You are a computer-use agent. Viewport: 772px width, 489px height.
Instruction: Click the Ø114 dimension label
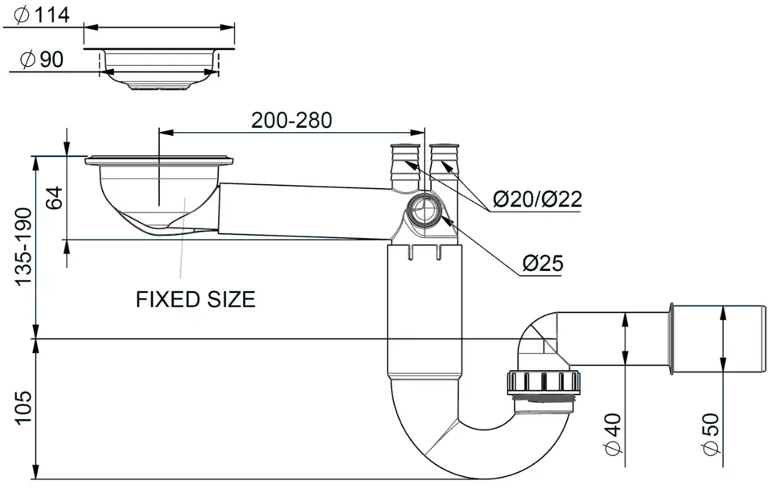42,14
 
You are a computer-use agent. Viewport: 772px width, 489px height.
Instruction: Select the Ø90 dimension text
42,60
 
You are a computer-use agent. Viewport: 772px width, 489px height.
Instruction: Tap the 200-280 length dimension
291,120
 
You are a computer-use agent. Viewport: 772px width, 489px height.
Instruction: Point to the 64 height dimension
54,198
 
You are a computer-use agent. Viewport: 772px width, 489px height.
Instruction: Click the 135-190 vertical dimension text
23,247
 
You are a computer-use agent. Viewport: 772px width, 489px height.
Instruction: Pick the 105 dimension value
23,407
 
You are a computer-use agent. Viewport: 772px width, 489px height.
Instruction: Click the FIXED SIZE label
195,299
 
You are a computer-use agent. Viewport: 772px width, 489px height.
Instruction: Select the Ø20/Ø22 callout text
538,199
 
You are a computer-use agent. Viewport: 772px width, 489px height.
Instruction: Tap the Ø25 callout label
543,264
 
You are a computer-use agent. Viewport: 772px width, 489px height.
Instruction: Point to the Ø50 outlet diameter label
711,434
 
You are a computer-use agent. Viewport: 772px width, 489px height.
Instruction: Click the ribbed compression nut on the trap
543,383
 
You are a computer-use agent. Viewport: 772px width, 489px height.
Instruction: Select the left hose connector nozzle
404,166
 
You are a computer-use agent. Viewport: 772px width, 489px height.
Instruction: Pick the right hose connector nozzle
444,166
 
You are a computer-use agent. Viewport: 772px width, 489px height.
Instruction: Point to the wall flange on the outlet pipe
671,339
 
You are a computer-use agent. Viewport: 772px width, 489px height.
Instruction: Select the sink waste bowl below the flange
158,197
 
